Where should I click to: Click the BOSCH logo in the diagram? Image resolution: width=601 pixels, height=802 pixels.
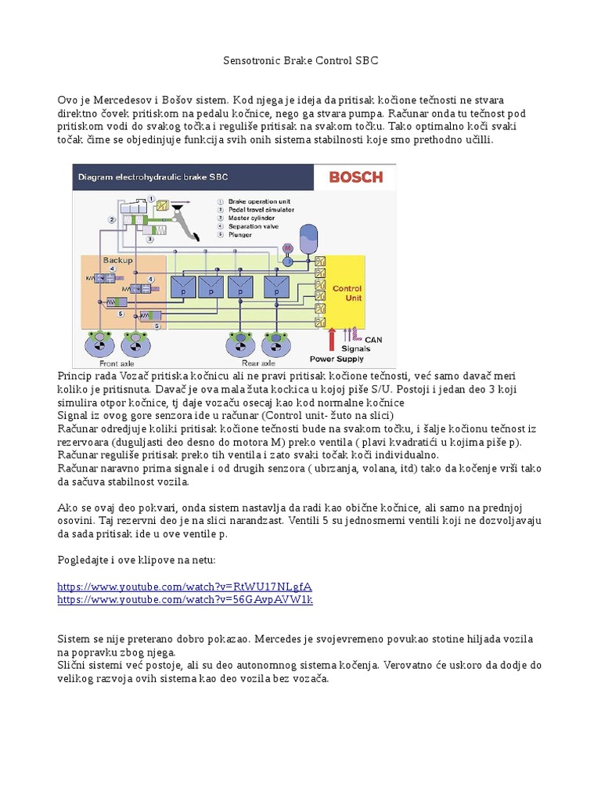(x=355, y=177)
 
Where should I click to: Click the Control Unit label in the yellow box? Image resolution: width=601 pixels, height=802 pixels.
(x=347, y=293)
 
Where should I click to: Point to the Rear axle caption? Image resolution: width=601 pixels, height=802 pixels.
(x=257, y=363)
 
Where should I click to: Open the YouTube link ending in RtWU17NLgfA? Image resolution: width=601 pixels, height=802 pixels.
(x=185, y=586)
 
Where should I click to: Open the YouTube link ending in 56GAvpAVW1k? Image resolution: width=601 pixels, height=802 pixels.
(x=185, y=599)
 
